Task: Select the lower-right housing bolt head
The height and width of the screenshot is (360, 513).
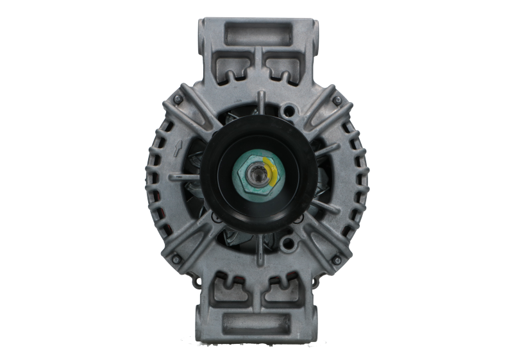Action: (335, 259)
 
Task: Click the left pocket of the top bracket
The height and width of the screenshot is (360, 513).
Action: (231, 67)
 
